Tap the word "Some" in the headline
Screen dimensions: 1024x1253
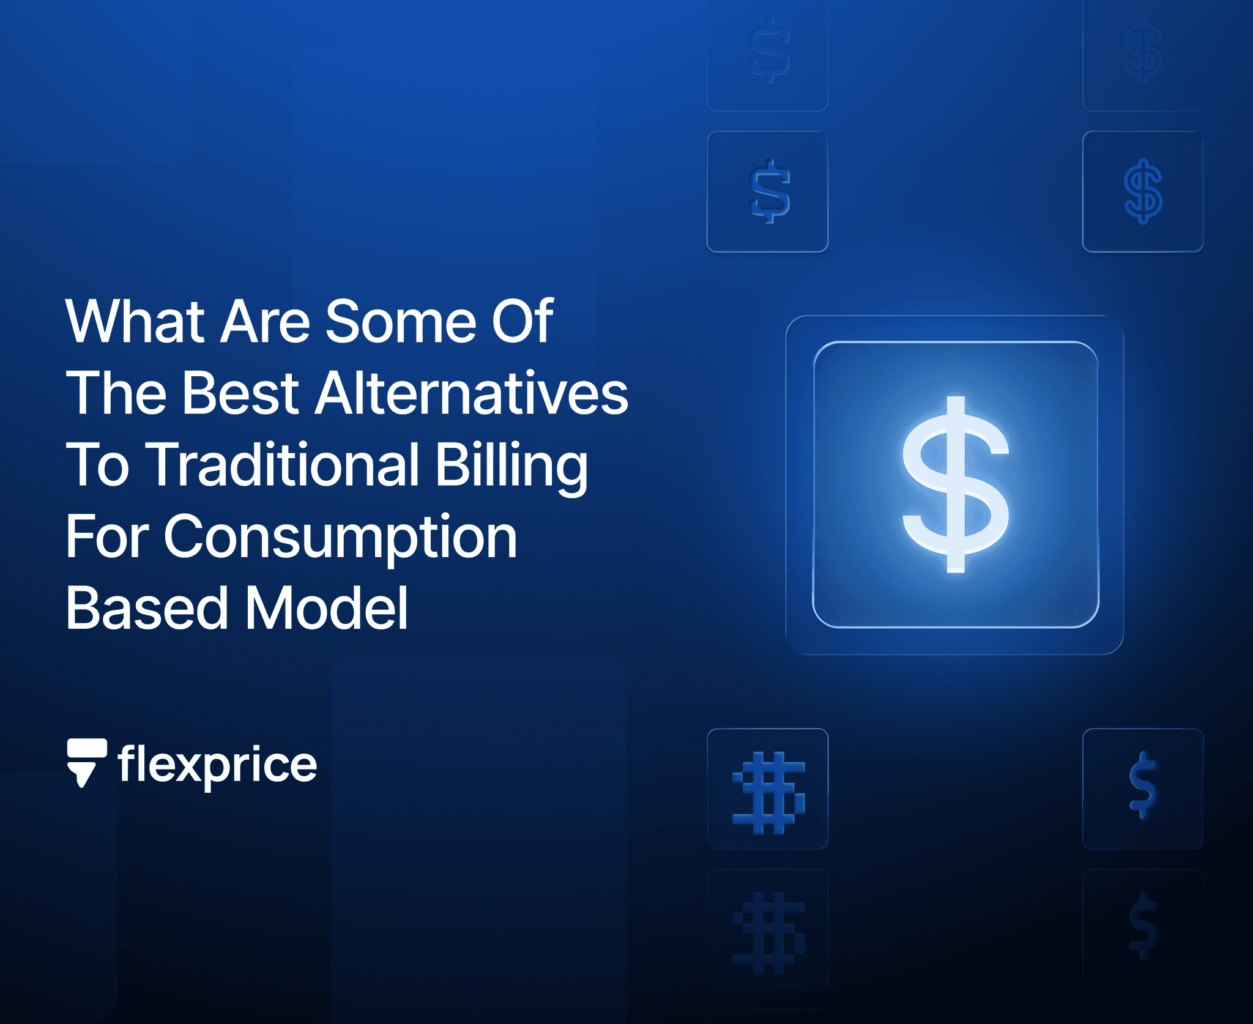pyautogui.click(x=401, y=322)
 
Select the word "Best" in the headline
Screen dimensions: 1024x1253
pyautogui.click(x=240, y=393)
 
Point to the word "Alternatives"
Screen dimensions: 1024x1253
pyautogui.click(x=472, y=393)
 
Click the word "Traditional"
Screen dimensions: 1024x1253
pyautogui.click(x=284, y=465)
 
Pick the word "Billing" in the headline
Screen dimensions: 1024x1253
pyautogui.click(x=511, y=466)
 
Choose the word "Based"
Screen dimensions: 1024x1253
pyautogui.click(x=147, y=608)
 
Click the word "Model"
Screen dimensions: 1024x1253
pyautogui.click(x=327, y=608)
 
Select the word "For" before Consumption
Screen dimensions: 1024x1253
pyautogui.click(x=106, y=537)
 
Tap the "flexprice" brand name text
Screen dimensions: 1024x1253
pyautogui.click(x=217, y=765)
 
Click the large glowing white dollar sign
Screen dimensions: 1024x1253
pyautogui.click(x=955, y=484)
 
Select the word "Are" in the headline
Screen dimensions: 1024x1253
pyautogui.click(x=265, y=322)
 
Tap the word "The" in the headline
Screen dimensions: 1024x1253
pyautogui.click(x=116, y=393)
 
